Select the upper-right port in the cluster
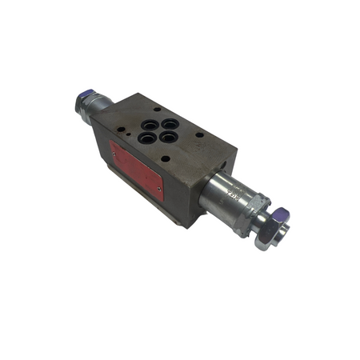coord(170,124)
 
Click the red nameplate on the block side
coord(137,170)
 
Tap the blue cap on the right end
coord(280,217)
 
